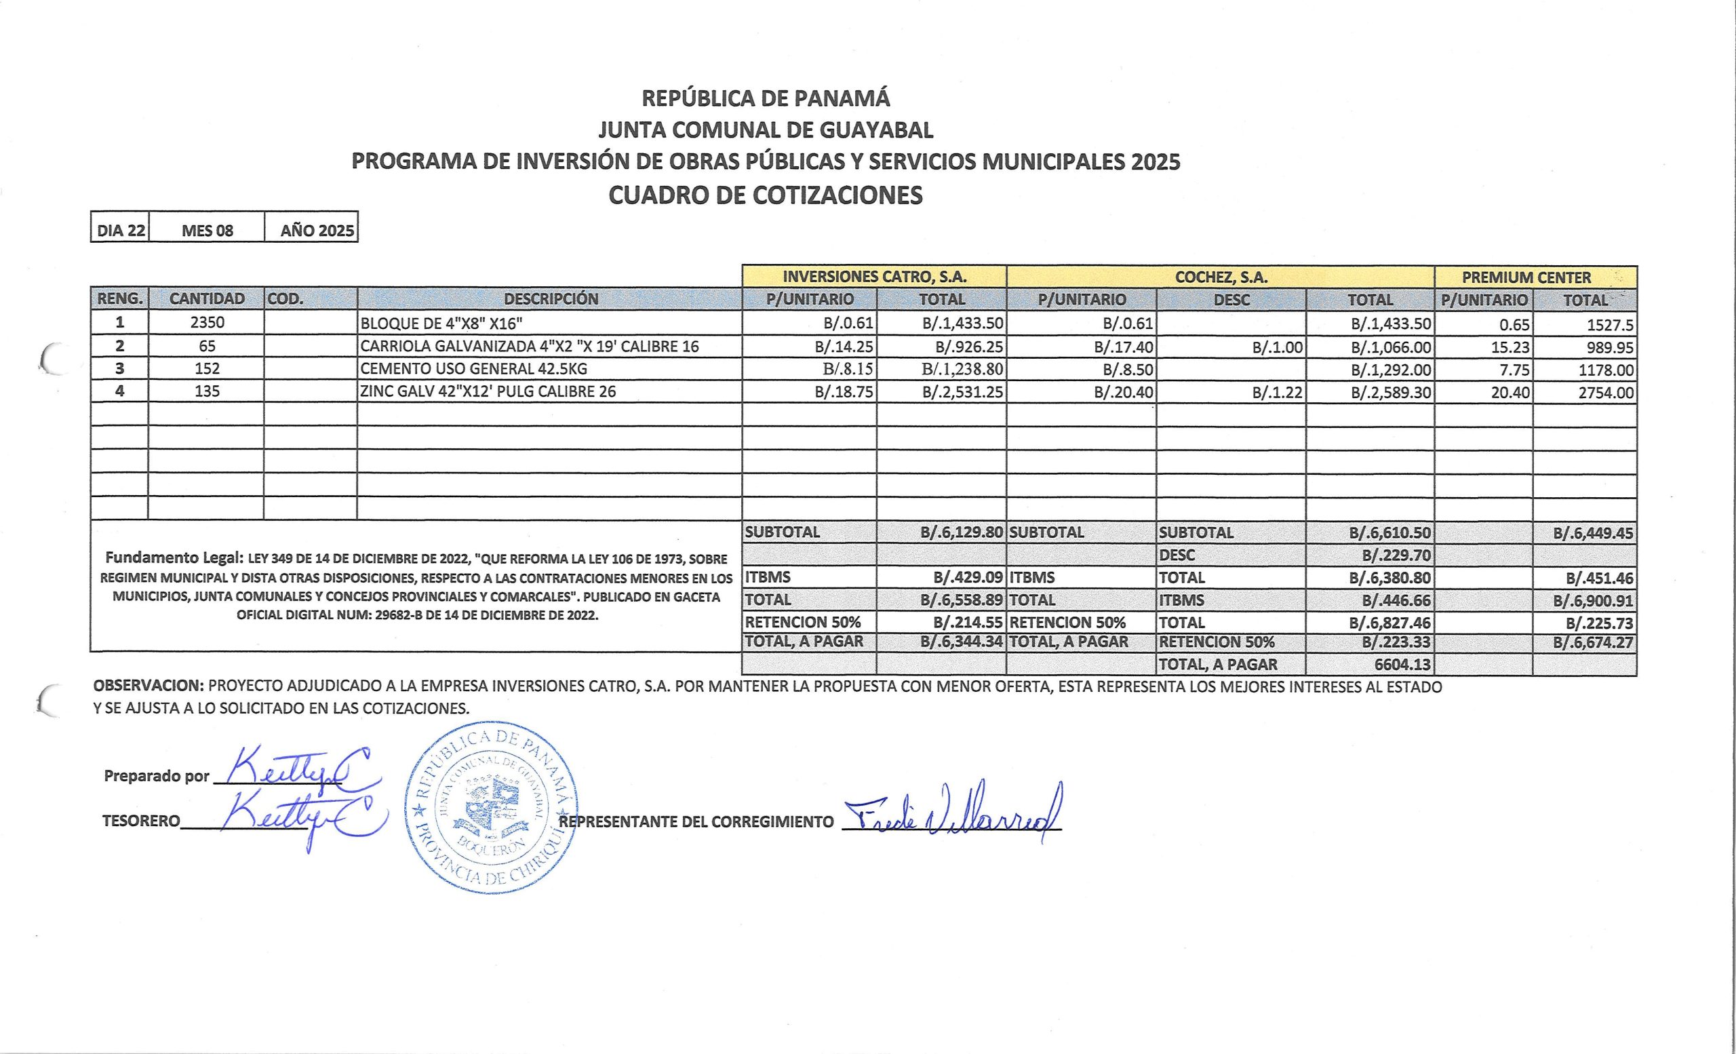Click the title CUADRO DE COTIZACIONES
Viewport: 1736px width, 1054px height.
(765, 195)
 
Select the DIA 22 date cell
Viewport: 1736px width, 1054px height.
(121, 231)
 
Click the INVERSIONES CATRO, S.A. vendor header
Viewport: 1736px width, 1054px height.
(874, 277)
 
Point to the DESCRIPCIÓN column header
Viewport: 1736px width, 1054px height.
(550, 298)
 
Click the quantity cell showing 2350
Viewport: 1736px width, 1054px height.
(207, 323)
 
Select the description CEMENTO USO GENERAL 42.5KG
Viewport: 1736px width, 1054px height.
(473, 368)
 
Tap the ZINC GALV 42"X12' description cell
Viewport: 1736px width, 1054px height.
(488, 391)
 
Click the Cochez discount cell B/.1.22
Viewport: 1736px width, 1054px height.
(1277, 393)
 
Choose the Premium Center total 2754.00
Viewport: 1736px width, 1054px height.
(1606, 393)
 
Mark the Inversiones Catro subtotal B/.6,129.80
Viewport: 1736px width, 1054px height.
(961, 532)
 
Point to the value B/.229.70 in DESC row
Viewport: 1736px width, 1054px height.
(1396, 555)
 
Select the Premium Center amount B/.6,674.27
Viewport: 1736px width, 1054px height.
(1592, 642)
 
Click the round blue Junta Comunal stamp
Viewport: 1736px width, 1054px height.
(491, 807)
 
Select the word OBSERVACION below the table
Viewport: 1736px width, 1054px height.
(148, 686)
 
